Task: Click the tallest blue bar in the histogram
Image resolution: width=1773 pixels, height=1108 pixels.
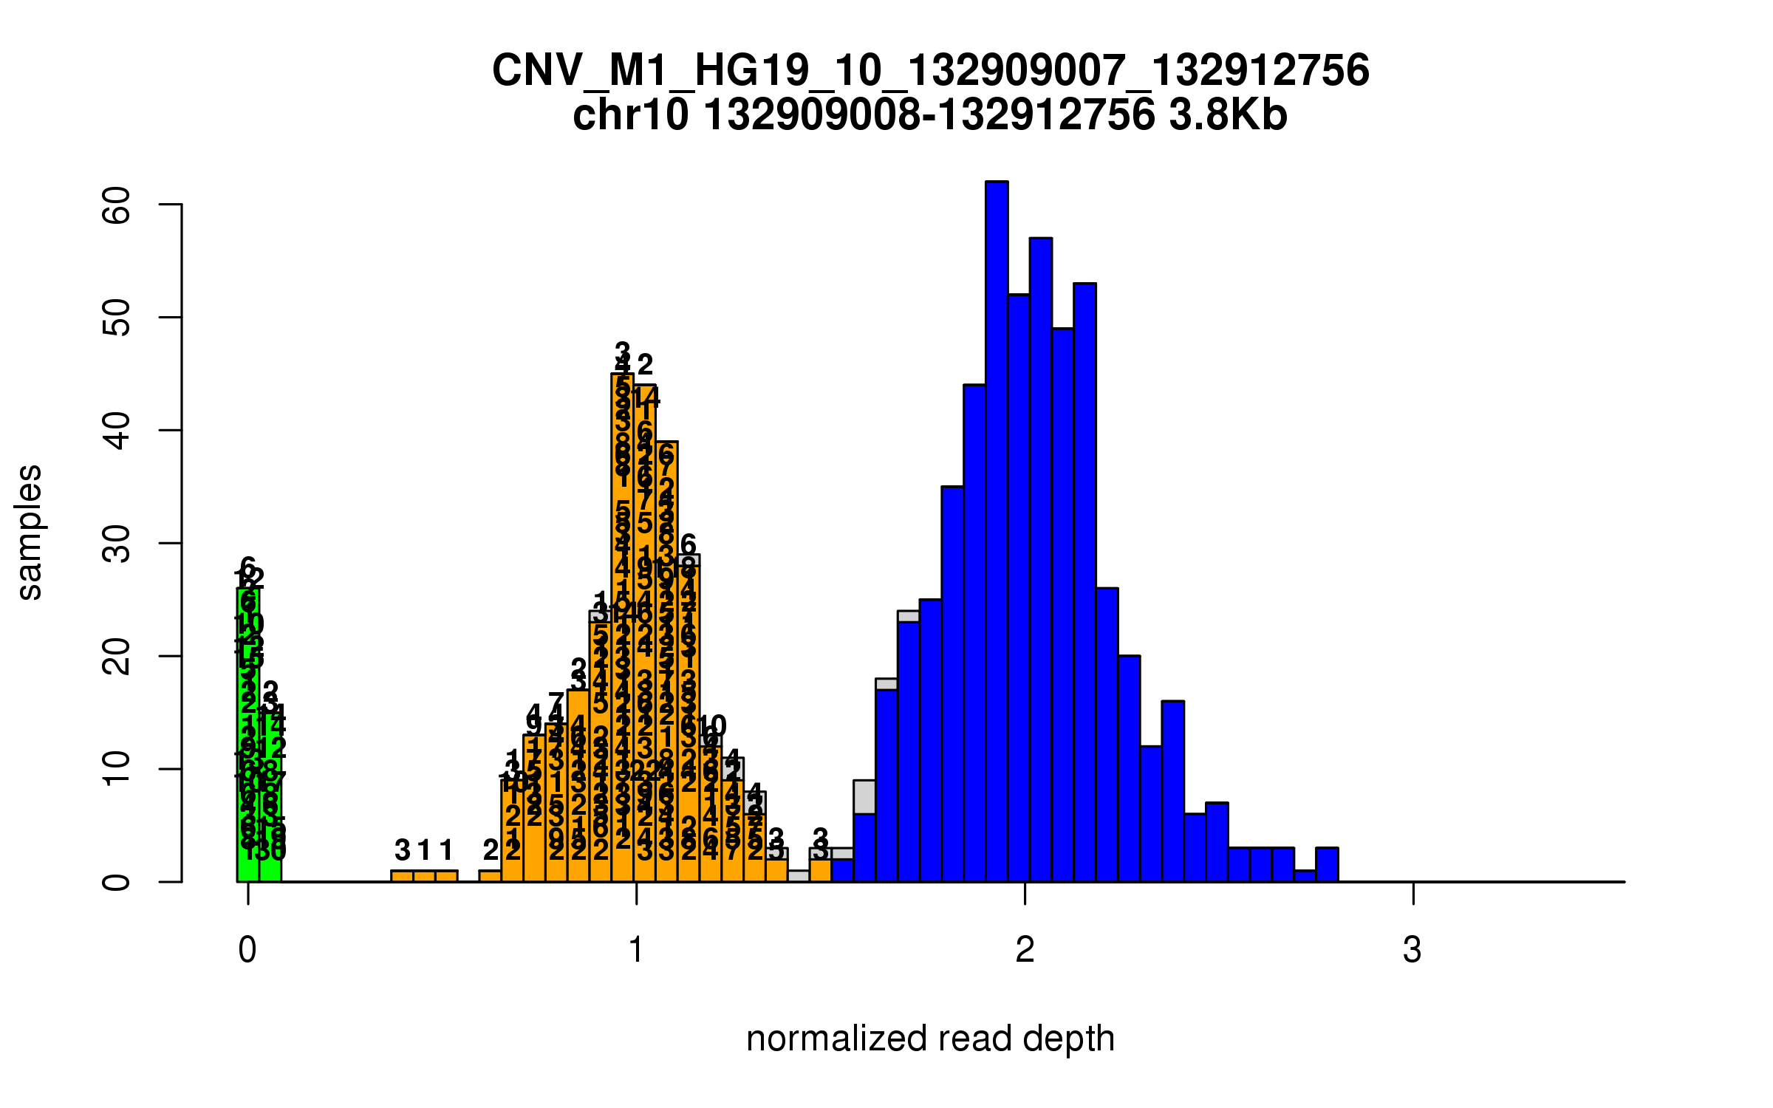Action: pos(997,532)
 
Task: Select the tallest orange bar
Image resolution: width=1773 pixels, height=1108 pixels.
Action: pos(622,628)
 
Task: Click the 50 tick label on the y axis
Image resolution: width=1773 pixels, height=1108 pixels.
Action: pos(117,318)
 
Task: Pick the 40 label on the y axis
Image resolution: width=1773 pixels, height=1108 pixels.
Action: pos(117,431)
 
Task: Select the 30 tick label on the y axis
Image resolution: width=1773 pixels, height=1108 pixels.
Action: pos(117,544)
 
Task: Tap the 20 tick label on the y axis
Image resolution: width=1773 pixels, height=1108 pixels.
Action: pos(117,657)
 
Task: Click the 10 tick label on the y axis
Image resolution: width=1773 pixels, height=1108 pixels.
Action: pos(117,770)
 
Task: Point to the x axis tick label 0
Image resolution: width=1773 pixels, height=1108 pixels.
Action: pos(247,950)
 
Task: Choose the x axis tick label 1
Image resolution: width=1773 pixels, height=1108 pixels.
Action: pos(636,950)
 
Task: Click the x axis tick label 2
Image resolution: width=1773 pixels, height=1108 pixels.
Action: pos(1025,950)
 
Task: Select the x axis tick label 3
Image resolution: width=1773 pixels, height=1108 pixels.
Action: pos(1412,950)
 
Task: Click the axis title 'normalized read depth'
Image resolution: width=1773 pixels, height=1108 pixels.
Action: pos(930,1039)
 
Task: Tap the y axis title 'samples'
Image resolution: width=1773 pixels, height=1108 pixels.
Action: pos(30,532)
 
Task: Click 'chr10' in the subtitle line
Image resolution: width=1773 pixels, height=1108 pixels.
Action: pos(630,115)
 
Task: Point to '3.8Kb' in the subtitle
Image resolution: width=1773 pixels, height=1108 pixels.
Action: pos(1229,115)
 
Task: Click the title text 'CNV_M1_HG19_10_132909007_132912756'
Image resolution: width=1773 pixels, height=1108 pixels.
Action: pos(930,71)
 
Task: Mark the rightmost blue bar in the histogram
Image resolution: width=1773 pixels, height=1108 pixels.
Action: pos(1327,865)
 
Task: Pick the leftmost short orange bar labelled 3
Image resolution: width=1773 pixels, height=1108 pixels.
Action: pos(402,876)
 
